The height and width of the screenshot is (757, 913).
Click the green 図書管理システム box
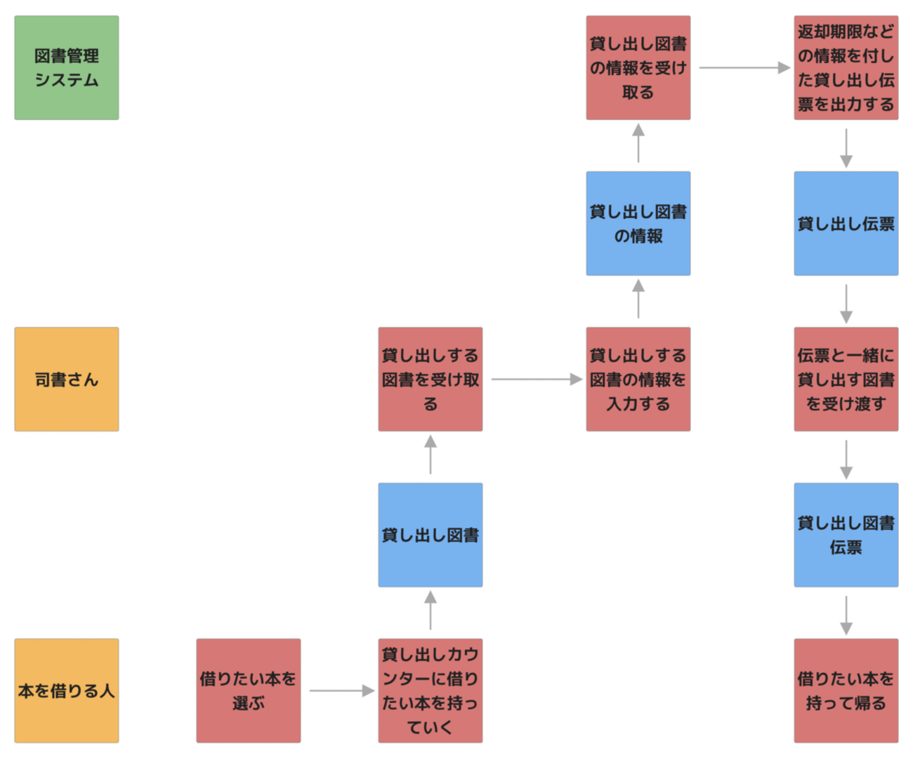click(x=67, y=68)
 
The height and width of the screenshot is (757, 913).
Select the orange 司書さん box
click(x=67, y=380)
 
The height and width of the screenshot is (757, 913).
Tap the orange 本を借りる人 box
click(x=67, y=691)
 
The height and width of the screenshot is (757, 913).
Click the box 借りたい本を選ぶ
click(x=249, y=691)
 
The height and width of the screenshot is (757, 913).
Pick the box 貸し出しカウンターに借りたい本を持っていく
click(x=431, y=691)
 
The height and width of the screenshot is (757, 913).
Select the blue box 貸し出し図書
click(x=431, y=535)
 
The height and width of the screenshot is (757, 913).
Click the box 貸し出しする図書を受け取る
click(x=431, y=380)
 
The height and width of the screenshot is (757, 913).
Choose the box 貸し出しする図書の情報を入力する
click(x=638, y=380)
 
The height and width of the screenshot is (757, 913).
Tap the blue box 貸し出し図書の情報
click(x=638, y=224)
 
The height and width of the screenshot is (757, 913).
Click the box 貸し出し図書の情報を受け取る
click(x=638, y=68)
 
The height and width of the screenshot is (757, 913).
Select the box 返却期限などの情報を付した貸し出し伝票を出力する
click(x=846, y=68)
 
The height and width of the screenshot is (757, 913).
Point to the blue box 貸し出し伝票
click(x=846, y=224)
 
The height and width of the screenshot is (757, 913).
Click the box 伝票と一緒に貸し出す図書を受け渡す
click(x=846, y=380)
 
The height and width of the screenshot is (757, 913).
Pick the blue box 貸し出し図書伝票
click(x=846, y=535)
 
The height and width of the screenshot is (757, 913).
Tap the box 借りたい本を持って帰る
click(x=846, y=691)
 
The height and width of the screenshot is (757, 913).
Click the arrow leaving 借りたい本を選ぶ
click(x=341, y=691)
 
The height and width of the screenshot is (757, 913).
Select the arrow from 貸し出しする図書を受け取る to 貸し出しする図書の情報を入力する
click(x=536, y=380)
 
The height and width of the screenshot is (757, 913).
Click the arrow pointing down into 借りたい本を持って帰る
click(x=846, y=615)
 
